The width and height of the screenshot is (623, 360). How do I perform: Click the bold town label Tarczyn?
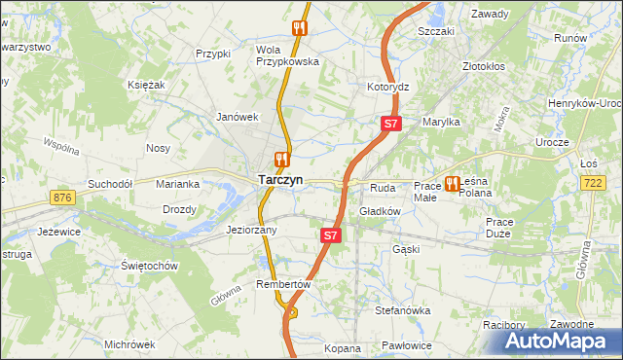[x=280, y=180]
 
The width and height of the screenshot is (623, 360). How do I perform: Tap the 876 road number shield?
[x=64, y=198]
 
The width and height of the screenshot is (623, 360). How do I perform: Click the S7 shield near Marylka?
[x=390, y=124]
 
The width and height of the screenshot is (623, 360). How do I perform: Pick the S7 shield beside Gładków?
[x=331, y=235]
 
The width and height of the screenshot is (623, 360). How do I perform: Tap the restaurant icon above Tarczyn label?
[x=281, y=158]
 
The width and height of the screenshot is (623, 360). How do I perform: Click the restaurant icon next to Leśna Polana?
[x=453, y=183]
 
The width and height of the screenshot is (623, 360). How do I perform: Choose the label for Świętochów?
[x=149, y=266]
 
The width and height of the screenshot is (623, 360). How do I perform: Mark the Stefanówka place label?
[x=403, y=310]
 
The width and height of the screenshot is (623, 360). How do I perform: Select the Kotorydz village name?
[x=388, y=87]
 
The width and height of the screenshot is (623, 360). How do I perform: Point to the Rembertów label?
[x=282, y=284]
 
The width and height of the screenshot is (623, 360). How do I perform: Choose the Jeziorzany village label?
[x=252, y=231]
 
